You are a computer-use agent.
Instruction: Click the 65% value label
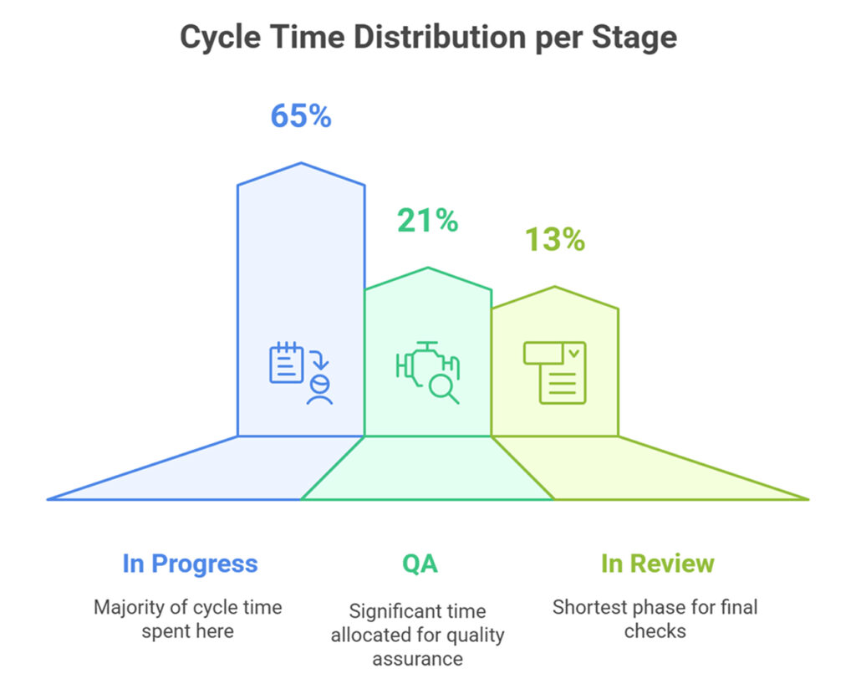[300, 115]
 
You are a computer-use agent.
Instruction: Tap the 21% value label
[427, 221]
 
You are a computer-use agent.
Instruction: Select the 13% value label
[554, 240]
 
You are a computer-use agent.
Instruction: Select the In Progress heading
[190, 564]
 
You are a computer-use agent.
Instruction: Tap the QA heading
[420, 564]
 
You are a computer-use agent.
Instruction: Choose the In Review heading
[657, 564]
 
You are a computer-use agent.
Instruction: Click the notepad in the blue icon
[286, 363]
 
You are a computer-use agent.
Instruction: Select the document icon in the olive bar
[554, 372]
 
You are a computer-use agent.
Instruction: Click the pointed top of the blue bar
[301, 164]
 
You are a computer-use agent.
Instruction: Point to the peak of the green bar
[428, 268]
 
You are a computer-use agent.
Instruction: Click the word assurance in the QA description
[417, 659]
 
